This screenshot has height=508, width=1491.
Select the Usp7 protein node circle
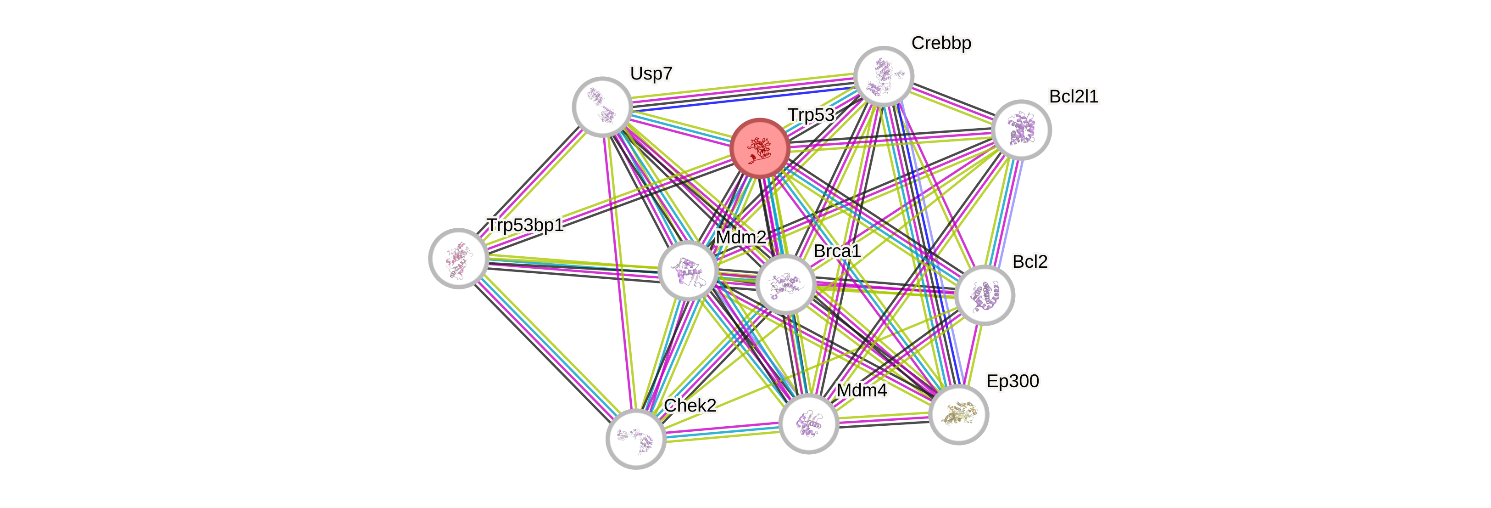click(602, 107)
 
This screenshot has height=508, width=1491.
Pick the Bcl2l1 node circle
click(1021, 130)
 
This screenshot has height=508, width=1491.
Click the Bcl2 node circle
click(984, 295)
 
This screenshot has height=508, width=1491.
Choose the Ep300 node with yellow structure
click(958, 415)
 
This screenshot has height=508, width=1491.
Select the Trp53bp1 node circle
click(458, 258)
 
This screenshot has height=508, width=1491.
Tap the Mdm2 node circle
click(688, 271)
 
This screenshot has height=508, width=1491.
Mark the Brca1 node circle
click(785, 284)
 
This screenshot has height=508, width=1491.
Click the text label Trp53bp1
click(525, 225)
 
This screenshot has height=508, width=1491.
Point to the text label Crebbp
click(941, 43)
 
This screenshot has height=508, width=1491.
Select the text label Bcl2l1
click(1073, 96)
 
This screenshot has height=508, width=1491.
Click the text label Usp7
click(651, 73)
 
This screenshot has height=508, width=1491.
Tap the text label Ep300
click(1013, 381)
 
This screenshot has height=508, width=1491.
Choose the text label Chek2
click(690, 406)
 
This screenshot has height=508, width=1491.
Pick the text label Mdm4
click(861, 390)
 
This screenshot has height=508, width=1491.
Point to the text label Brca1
click(837, 251)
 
